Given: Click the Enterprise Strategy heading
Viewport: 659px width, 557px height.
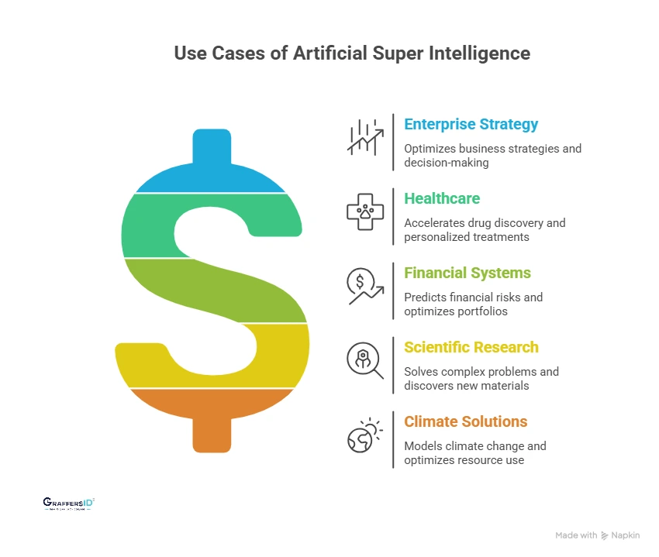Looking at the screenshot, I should pyautogui.click(x=471, y=124).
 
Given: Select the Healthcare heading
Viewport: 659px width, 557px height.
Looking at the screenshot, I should pyautogui.click(x=442, y=198).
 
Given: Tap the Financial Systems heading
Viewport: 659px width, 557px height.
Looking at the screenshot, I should pyautogui.click(x=468, y=273).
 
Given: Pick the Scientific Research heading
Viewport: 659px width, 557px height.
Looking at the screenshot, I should pyautogui.click(x=471, y=347).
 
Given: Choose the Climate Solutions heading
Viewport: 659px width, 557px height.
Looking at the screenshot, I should pyautogui.click(x=465, y=421).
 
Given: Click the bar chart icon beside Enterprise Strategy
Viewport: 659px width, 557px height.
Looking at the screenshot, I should pyautogui.click(x=365, y=136).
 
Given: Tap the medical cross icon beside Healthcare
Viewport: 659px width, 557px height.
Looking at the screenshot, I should pyautogui.click(x=365, y=211).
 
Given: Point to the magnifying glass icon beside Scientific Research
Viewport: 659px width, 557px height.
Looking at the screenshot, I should pyautogui.click(x=365, y=359).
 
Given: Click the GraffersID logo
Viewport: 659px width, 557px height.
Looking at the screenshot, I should pyautogui.click(x=69, y=504).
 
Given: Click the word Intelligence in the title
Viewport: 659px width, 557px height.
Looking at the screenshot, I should pyautogui.click(x=482, y=53).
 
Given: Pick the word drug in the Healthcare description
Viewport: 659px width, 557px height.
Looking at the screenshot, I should pyautogui.click(x=483, y=223).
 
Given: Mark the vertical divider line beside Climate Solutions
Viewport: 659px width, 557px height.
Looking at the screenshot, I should pyautogui.click(x=393, y=439).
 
